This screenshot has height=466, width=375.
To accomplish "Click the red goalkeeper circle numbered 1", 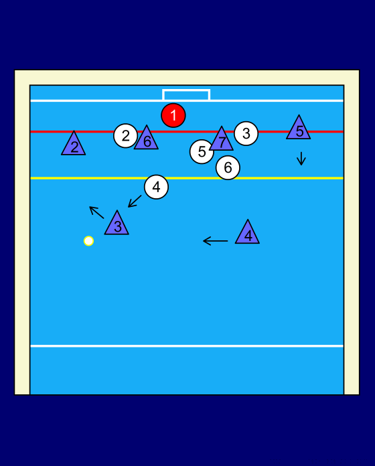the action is pyautogui.click(x=173, y=115).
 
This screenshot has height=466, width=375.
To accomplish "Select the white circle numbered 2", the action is pyautogui.click(x=125, y=136).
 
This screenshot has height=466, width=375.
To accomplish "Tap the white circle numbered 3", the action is pyautogui.click(x=246, y=133).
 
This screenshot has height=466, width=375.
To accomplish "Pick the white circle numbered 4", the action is pyautogui.click(x=156, y=187).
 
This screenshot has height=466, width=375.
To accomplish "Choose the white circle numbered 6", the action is pyautogui.click(x=228, y=167).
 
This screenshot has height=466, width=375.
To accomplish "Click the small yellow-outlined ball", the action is pyautogui.click(x=88, y=241).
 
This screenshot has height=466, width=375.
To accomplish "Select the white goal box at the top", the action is pyautogui.click(x=186, y=90).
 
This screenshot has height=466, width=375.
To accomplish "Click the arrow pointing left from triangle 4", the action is pyautogui.click(x=216, y=241).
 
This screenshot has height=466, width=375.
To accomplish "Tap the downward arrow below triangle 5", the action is pyautogui.click(x=301, y=159).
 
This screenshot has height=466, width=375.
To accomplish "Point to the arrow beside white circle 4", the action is pyautogui.click(x=135, y=202).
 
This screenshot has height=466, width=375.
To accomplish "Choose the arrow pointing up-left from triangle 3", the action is pyautogui.click(x=96, y=212).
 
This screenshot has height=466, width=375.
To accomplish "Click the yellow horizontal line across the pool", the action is pyautogui.click(x=187, y=178).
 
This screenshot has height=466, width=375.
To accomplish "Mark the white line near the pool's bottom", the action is pyautogui.click(x=187, y=346).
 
